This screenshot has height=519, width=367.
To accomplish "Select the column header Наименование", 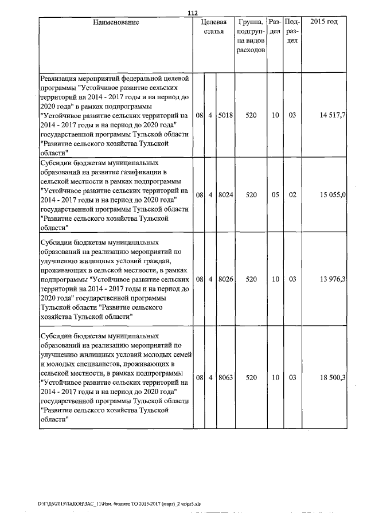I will [115, 22].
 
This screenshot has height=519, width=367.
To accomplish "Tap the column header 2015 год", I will [323, 22].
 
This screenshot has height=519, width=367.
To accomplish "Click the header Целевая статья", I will [213, 26].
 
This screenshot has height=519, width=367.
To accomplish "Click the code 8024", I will [225, 195].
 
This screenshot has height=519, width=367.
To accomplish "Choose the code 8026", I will [225, 279].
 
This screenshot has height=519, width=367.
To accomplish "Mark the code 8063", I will [225, 378].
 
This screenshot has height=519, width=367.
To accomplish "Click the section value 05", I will [275, 195].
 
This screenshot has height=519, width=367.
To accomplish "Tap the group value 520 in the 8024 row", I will [251, 195].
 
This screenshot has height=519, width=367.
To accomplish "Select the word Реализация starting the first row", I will [58, 77].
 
